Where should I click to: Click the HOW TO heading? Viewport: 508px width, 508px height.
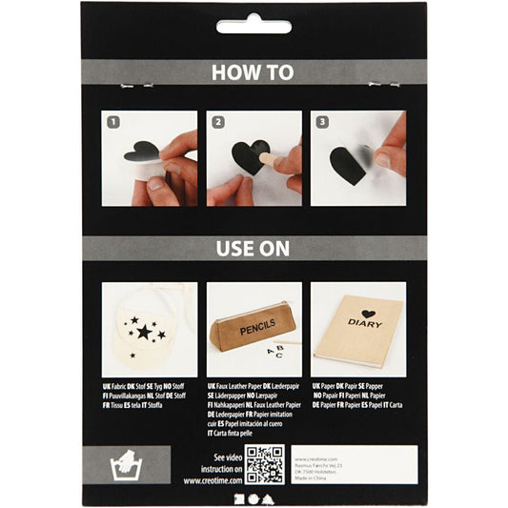(x=254, y=71)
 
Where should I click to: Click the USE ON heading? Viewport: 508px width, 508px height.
(x=254, y=249)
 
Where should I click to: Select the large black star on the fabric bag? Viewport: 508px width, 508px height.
(x=144, y=332)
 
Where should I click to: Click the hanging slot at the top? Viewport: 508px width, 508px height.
(x=254, y=26)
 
